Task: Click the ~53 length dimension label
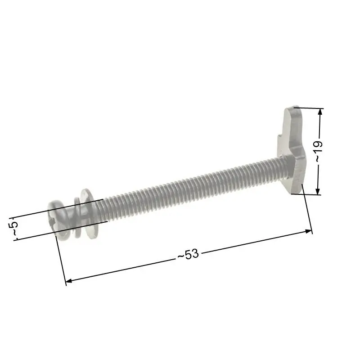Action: tap(188, 254)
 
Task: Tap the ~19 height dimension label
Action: tap(319, 151)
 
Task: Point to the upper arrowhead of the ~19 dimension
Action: tap(320, 112)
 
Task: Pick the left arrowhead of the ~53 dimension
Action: tap(69, 280)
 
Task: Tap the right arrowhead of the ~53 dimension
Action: tap(308, 231)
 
